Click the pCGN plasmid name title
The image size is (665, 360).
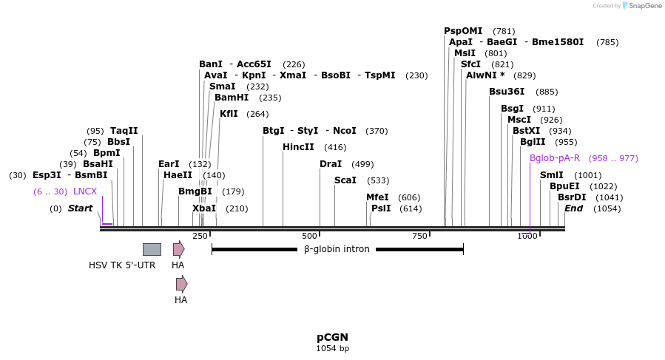(x=332, y=337)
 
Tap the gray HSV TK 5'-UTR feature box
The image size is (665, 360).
(x=152, y=249)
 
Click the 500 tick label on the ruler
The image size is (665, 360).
(x=309, y=236)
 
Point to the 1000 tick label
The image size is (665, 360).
(x=527, y=236)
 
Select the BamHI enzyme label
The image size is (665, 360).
(x=232, y=98)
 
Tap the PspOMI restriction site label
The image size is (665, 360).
(x=463, y=31)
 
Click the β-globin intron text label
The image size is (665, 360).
(x=337, y=249)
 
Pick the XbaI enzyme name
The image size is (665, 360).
(x=204, y=208)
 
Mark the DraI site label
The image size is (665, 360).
(x=331, y=164)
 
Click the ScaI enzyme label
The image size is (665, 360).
(x=345, y=180)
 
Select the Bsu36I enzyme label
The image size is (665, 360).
(x=507, y=92)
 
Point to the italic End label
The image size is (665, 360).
(x=573, y=208)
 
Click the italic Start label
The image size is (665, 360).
(x=80, y=208)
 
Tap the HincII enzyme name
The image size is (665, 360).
(x=298, y=147)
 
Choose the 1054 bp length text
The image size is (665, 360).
(x=332, y=348)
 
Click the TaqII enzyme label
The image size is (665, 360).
(x=124, y=131)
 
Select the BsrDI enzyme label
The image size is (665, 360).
(x=572, y=197)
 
